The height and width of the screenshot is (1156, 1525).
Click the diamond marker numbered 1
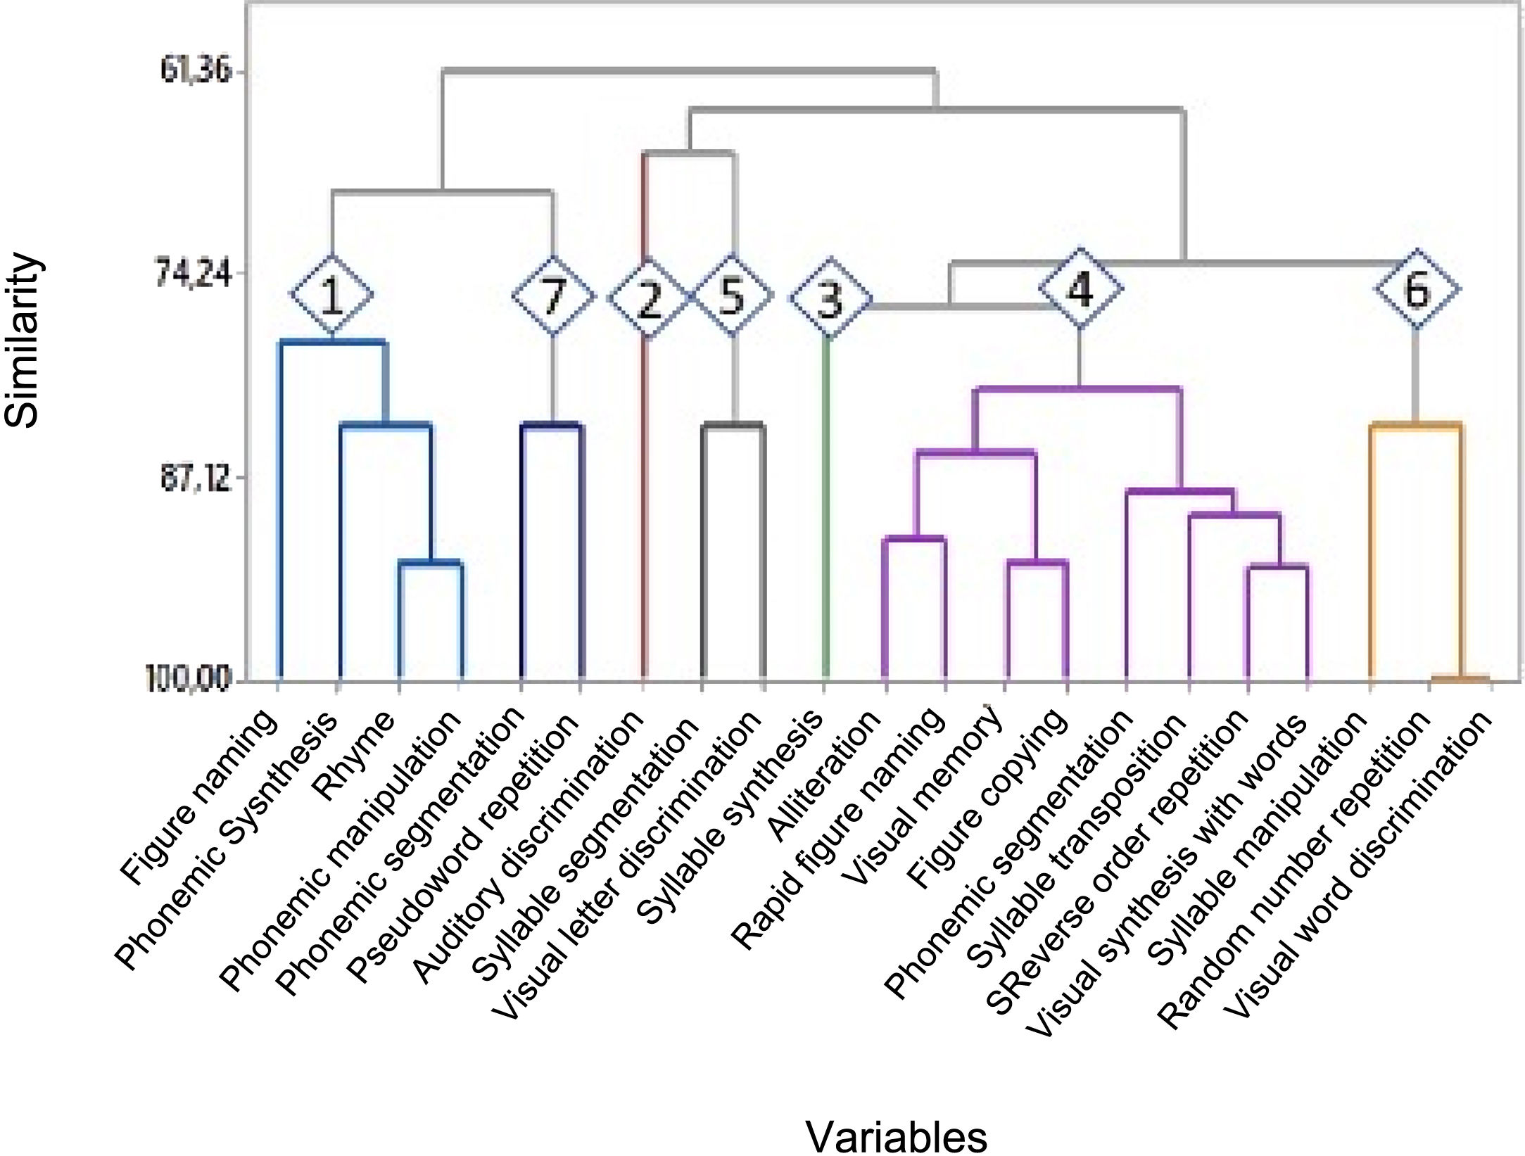point(331,296)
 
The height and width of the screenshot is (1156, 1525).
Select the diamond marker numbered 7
point(554,296)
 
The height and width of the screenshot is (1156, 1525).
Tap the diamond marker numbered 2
point(647,298)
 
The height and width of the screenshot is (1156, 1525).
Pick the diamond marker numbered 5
point(733,295)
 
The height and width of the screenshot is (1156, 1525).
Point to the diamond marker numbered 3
point(830,299)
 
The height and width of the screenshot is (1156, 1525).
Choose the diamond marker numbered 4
point(1080,288)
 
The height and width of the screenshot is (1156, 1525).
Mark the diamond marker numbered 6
point(1417,288)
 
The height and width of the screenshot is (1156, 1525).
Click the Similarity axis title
point(23,341)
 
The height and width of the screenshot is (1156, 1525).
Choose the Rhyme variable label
point(355,755)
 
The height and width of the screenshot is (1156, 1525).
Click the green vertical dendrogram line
point(827,507)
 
